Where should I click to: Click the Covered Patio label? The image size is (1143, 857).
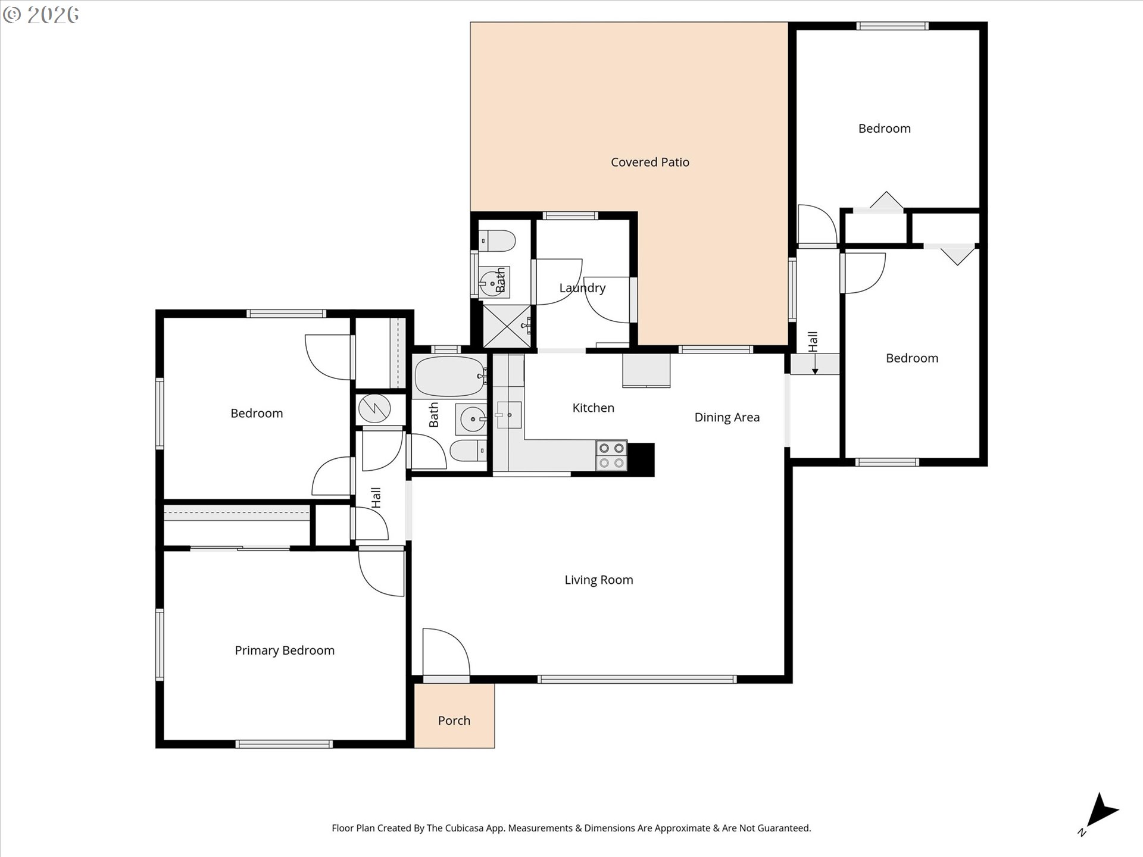[x=649, y=162]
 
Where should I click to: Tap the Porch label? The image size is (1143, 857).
[x=454, y=720]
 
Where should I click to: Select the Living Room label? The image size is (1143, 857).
[x=598, y=580]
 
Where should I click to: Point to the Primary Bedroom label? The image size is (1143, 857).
[x=285, y=650]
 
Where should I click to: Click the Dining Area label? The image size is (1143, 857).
[x=726, y=417]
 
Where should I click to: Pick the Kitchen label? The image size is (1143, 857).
[x=593, y=408]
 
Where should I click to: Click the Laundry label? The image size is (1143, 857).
[x=582, y=288]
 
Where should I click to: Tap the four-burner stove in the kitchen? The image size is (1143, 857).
[x=611, y=455]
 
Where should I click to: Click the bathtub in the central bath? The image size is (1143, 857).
[x=449, y=377]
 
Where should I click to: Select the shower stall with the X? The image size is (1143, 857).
[x=505, y=326]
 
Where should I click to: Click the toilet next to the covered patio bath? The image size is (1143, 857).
[x=498, y=241]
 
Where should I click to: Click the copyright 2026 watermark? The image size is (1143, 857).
[x=41, y=15]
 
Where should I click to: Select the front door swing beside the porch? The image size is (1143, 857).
[x=445, y=652]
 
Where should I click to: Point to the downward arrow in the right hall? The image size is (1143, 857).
[x=815, y=364]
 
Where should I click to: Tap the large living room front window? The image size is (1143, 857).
[x=637, y=679]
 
